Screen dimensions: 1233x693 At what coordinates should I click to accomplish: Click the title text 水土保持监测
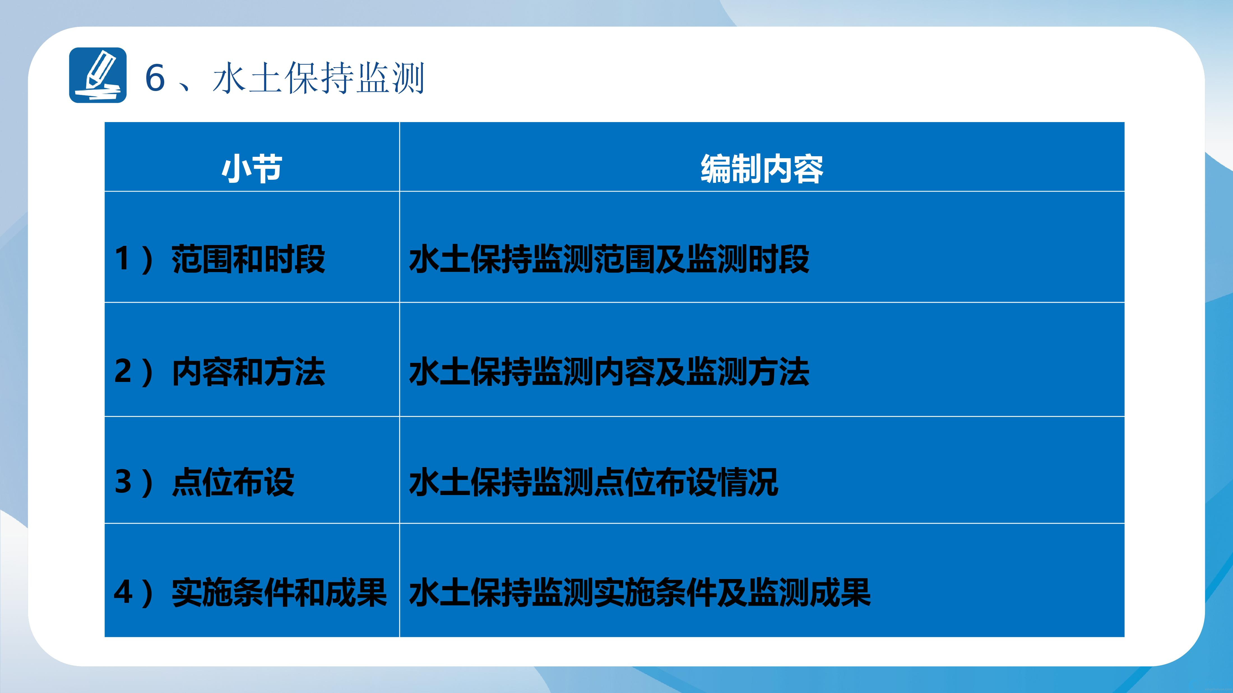click(318, 78)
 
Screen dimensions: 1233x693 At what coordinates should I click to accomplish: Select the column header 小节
click(252, 169)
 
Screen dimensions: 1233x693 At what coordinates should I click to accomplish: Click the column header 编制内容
click(762, 169)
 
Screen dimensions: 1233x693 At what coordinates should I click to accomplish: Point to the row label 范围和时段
click(248, 260)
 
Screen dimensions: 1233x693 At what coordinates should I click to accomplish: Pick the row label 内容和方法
click(248, 372)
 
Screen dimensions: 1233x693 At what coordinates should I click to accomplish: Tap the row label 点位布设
click(233, 482)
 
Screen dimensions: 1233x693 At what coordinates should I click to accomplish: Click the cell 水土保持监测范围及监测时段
click(609, 260)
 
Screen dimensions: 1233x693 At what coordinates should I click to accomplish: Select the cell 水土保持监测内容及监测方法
click(609, 372)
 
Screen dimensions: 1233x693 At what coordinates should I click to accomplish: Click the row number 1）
click(134, 260)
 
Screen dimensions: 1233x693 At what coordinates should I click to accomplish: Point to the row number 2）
click(134, 372)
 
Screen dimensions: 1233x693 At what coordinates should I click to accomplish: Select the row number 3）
click(134, 482)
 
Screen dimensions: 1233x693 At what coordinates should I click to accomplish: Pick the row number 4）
click(134, 593)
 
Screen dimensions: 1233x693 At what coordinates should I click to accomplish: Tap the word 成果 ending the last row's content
click(840, 593)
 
